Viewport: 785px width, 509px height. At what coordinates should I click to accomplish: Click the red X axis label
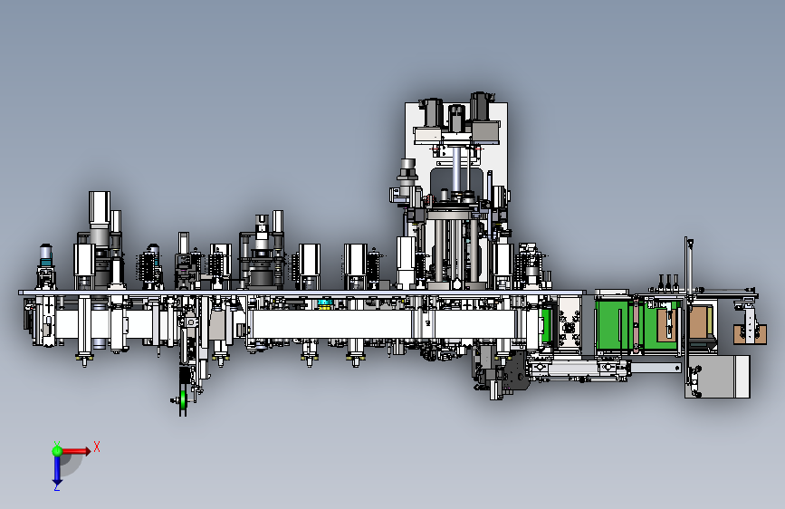(x=97, y=447)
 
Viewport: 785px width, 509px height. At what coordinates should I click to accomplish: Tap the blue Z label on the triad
(x=56, y=486)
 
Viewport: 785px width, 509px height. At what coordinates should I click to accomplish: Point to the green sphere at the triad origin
(x=57, y=451)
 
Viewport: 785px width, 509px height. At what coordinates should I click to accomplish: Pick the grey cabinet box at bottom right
(x=717, y=376)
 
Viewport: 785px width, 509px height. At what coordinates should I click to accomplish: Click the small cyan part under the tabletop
(x=325, y=303)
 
